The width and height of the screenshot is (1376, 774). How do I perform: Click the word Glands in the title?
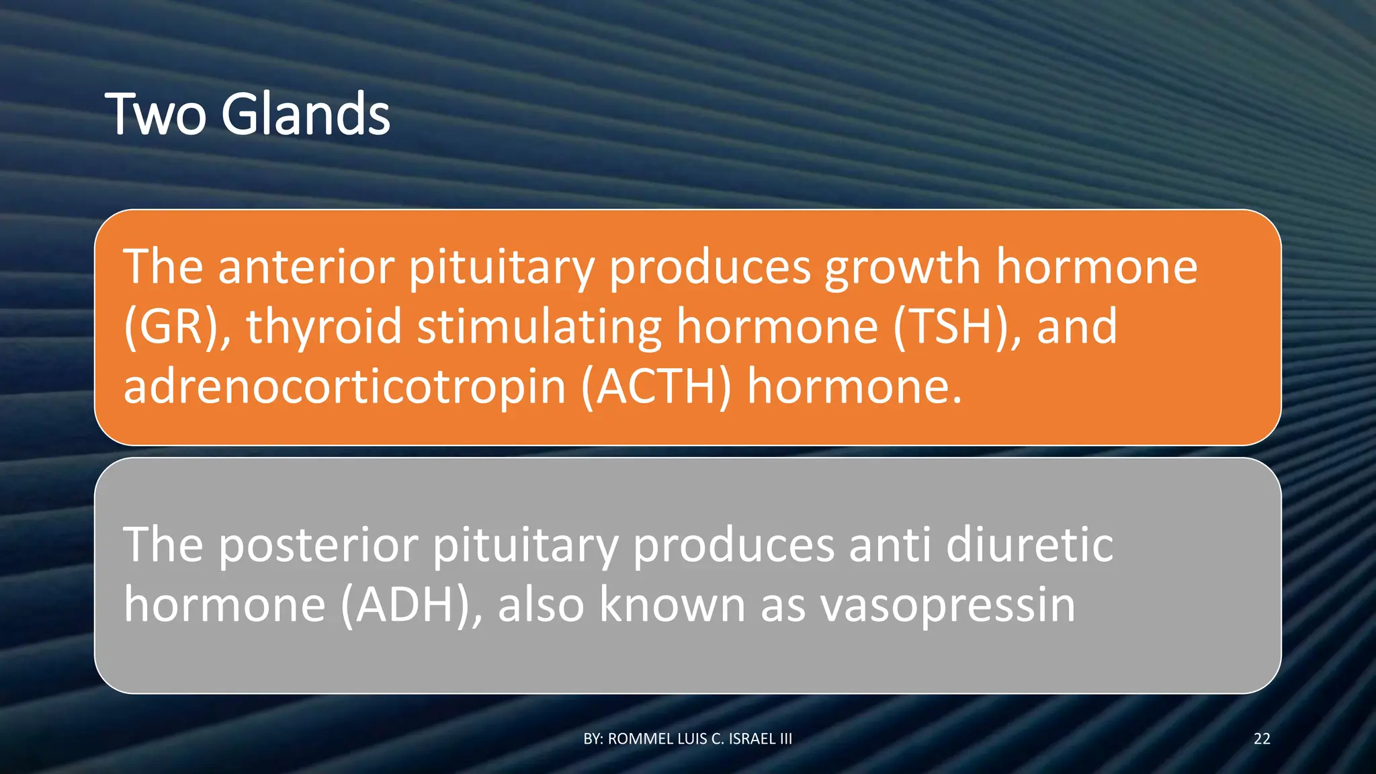click(306, 114)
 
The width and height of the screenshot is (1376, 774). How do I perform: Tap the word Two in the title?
click(155, 114)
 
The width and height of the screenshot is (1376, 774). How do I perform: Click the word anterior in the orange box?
click(306, 267)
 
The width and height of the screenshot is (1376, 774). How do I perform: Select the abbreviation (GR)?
click(177, 327)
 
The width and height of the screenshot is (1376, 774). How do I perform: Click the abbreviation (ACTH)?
click(655, 387)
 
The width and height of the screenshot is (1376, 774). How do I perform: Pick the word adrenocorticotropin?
click(345, 387)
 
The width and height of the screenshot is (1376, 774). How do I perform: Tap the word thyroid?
click(324, 327)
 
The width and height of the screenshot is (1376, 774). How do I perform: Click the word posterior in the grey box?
click(318, 545)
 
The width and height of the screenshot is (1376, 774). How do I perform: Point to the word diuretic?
click(1029, 545)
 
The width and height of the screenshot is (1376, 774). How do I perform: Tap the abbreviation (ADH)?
click(411, 605)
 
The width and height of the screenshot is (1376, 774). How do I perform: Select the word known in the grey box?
click(671, 605)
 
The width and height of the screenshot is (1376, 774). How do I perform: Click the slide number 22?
click(1262, 739)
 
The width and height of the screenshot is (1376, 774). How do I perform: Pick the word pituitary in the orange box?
click(501, 267)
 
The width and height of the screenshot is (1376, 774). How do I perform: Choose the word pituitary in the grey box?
click(525, 545)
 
